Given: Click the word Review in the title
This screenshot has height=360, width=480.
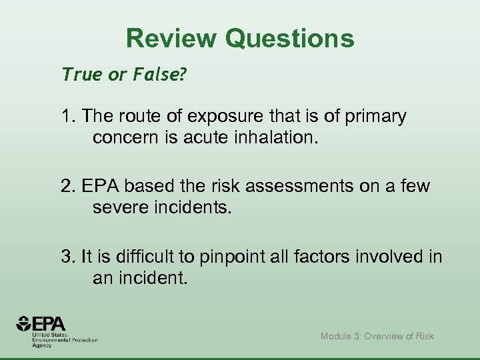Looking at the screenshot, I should (171, 39).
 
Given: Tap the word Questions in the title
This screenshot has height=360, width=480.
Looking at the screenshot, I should (289, 39).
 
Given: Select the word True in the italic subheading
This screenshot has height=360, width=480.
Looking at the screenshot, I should (80, 75).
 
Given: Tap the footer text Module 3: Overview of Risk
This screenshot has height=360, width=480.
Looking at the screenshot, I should (377, 336).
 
